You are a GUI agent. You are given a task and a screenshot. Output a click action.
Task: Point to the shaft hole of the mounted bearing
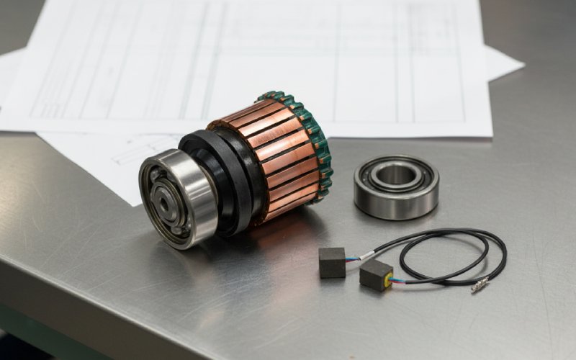(x=165, y=204)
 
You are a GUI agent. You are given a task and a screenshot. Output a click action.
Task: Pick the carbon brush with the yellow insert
(x=376, y=274)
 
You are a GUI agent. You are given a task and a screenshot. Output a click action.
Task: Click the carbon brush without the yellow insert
(x=332, y=262)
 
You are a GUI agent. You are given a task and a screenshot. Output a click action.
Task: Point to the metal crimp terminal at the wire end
(x=479, y=287)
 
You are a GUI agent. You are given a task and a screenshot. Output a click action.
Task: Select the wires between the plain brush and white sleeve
(x=353, y=258)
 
